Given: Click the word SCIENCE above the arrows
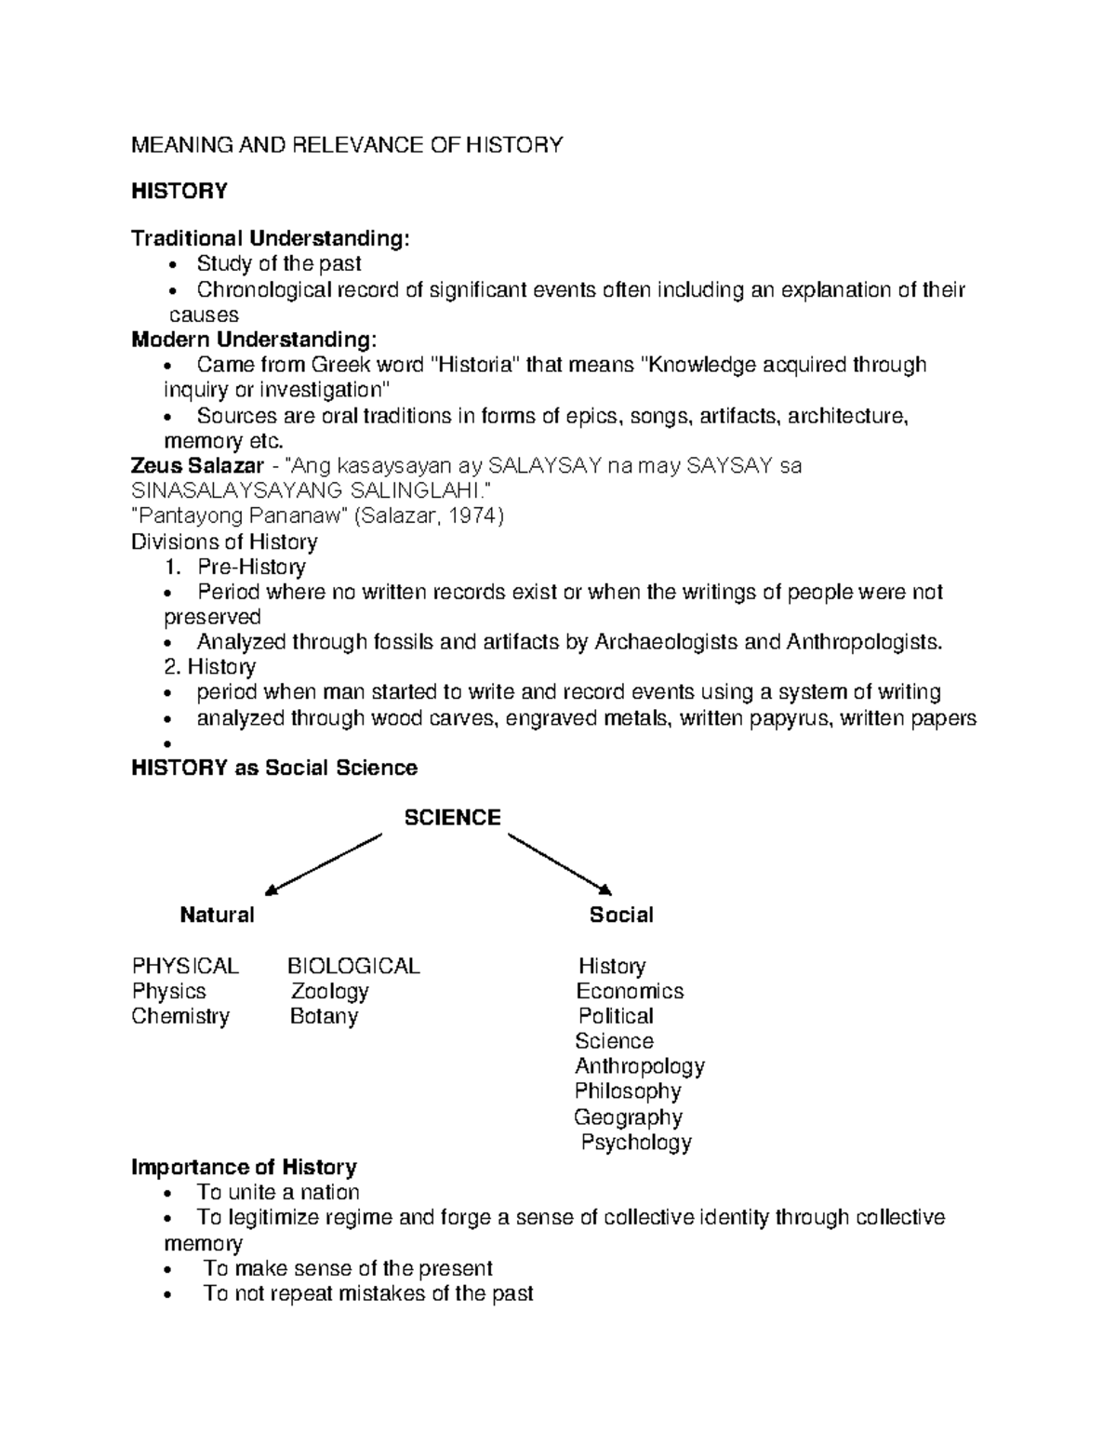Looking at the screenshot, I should (452, 818).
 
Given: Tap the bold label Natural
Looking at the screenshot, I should (217, 916).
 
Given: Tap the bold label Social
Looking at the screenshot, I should (621, 916).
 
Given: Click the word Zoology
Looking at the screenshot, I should (330, 992).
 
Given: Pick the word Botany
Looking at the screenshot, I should (324, 1017).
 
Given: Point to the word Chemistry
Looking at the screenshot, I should (180, 1017).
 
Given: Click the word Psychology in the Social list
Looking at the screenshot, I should (636, 1143).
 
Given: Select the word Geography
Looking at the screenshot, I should (629, 1117).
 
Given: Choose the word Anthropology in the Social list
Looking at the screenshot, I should (640, 1066).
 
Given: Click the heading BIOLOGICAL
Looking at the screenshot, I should (353, 967).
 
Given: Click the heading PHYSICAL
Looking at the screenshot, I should (185, 967).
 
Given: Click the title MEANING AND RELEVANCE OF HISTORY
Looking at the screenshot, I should (347, 145).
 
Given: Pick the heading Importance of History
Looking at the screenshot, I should (245, 1168).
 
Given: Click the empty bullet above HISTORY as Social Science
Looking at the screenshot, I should (167, 744).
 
